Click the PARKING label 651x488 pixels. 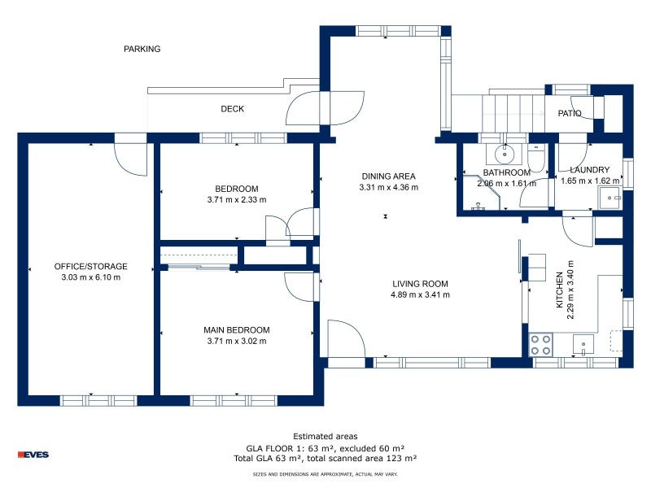click(x=142, y=49)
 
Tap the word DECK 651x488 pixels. click(x=232, y=109)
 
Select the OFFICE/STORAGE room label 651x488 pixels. click(x=90, y=267)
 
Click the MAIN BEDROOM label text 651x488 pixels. click(x=236, y=330)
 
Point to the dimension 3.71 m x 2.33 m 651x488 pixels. click(x=236, y=199)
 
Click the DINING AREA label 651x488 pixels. click(x=388, y=176)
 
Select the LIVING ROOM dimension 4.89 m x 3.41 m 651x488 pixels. click(x=420, y=294)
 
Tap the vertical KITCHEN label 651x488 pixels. click(x=559, y=289)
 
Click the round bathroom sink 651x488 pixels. click(x=505, y=151)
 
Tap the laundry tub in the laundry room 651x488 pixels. click(x=609, y=198)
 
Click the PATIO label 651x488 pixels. click(x=570, y=114)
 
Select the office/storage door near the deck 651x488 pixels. click(x=130, y=159)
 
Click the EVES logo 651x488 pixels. click(x=33, y=455)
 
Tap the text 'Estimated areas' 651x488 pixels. click(x=325, y=437)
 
